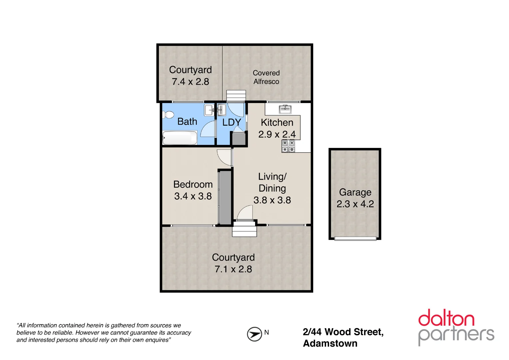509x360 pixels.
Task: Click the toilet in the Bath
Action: click(168, 115)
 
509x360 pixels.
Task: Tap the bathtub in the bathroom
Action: click(180, 138)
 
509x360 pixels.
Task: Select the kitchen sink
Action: click(285, 109)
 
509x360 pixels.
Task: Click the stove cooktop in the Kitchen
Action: click(288, 146)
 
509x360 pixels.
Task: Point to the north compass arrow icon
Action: click(254, 334)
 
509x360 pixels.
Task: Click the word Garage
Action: click(355, 192)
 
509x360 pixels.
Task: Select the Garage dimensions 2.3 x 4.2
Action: click(355, 204)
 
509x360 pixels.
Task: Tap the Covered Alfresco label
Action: click(266, 77)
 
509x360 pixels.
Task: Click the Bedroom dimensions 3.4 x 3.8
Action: click(193, 196)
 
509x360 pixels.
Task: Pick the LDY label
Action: click(232, 122)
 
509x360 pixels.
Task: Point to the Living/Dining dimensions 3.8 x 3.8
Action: click(272, 200)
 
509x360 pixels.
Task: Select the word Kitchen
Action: click(277, 123)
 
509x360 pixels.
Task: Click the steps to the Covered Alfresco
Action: click(236, 96)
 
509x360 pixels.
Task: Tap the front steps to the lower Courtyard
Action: click(245, 229)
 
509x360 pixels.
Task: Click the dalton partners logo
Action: click(456, 327)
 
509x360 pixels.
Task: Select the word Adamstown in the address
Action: click(330, 344)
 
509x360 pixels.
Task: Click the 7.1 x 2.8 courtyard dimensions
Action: click(233, 269)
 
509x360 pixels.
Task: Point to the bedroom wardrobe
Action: click(225, 197)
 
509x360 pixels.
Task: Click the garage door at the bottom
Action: click(355, 239)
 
